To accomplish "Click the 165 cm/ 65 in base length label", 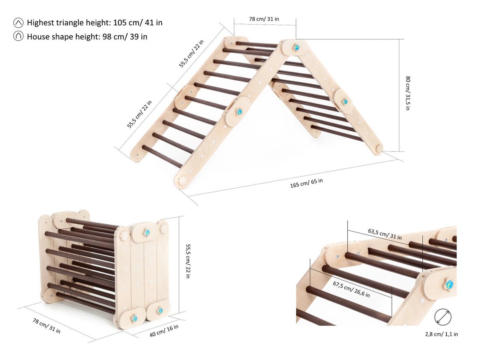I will [x=306, y=183].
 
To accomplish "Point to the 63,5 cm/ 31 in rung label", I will [x=385, y=234].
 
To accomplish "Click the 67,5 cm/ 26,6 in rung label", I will [x=351, y=288].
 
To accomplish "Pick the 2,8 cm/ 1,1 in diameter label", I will [x=442, y=334].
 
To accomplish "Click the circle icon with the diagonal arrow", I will [x=443, y=317].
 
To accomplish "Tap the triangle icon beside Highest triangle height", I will [x=18, y=23].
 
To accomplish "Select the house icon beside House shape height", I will [x=18, y=36].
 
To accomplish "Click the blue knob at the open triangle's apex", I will [x=296, y=47].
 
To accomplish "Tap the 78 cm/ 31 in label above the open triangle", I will [x=264, y=19].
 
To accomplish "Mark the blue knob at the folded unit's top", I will [x=146, y=233].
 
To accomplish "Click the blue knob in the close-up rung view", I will [x=449, y=284].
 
